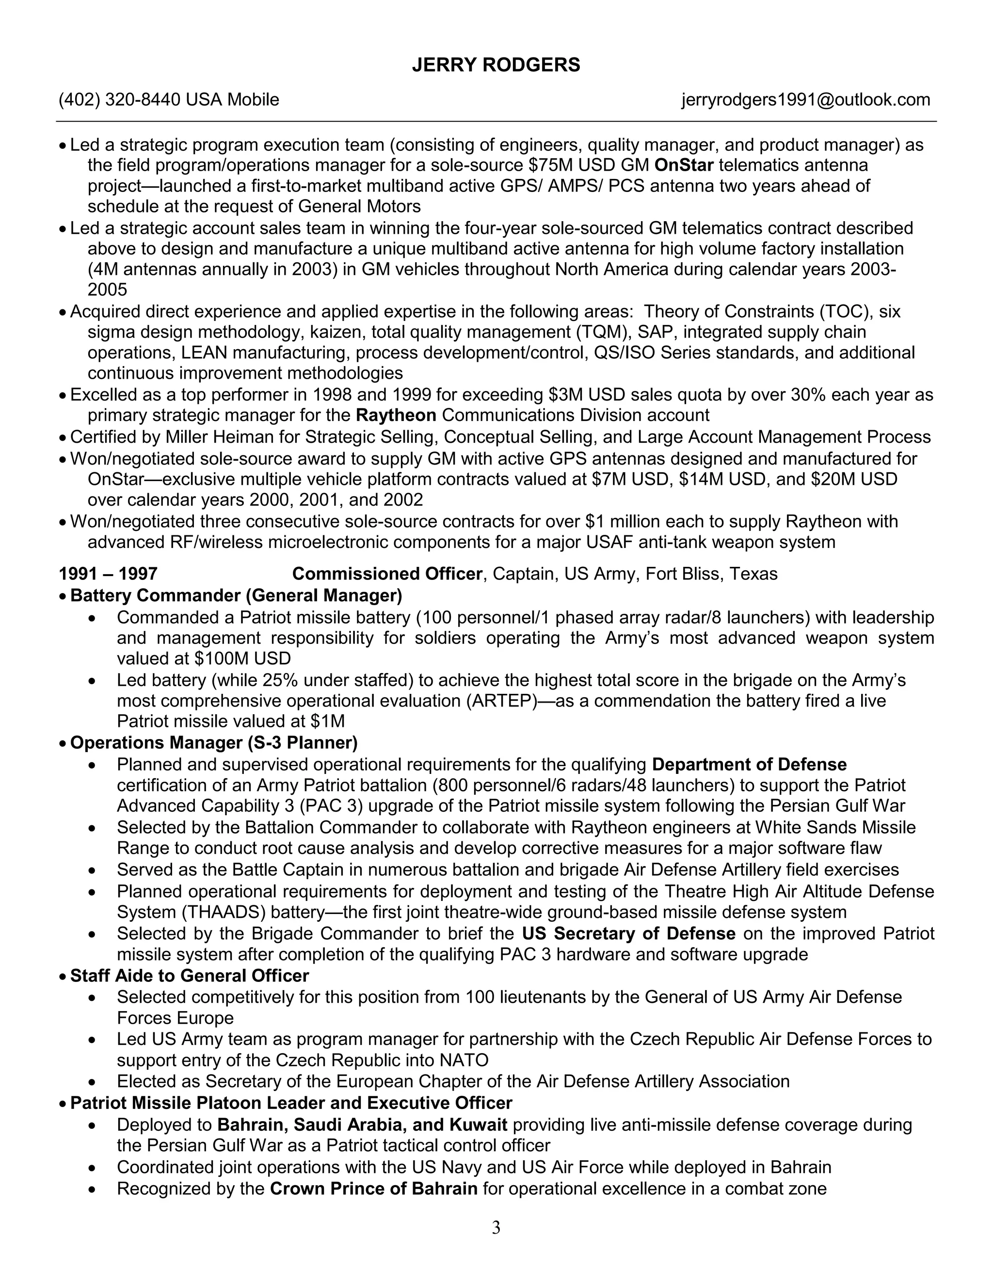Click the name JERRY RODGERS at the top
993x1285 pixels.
[x=496, y=64]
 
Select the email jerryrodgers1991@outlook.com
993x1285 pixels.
[x=805, y=100]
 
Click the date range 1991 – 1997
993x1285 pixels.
[x=108, y=574]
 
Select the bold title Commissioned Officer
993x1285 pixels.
[x=386, y=574]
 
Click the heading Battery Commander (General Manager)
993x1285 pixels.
[x=236, y=595]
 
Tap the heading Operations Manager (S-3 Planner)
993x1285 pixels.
[x=213, y=742]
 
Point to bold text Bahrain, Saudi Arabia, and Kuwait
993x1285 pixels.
[x=362, y=1124]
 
